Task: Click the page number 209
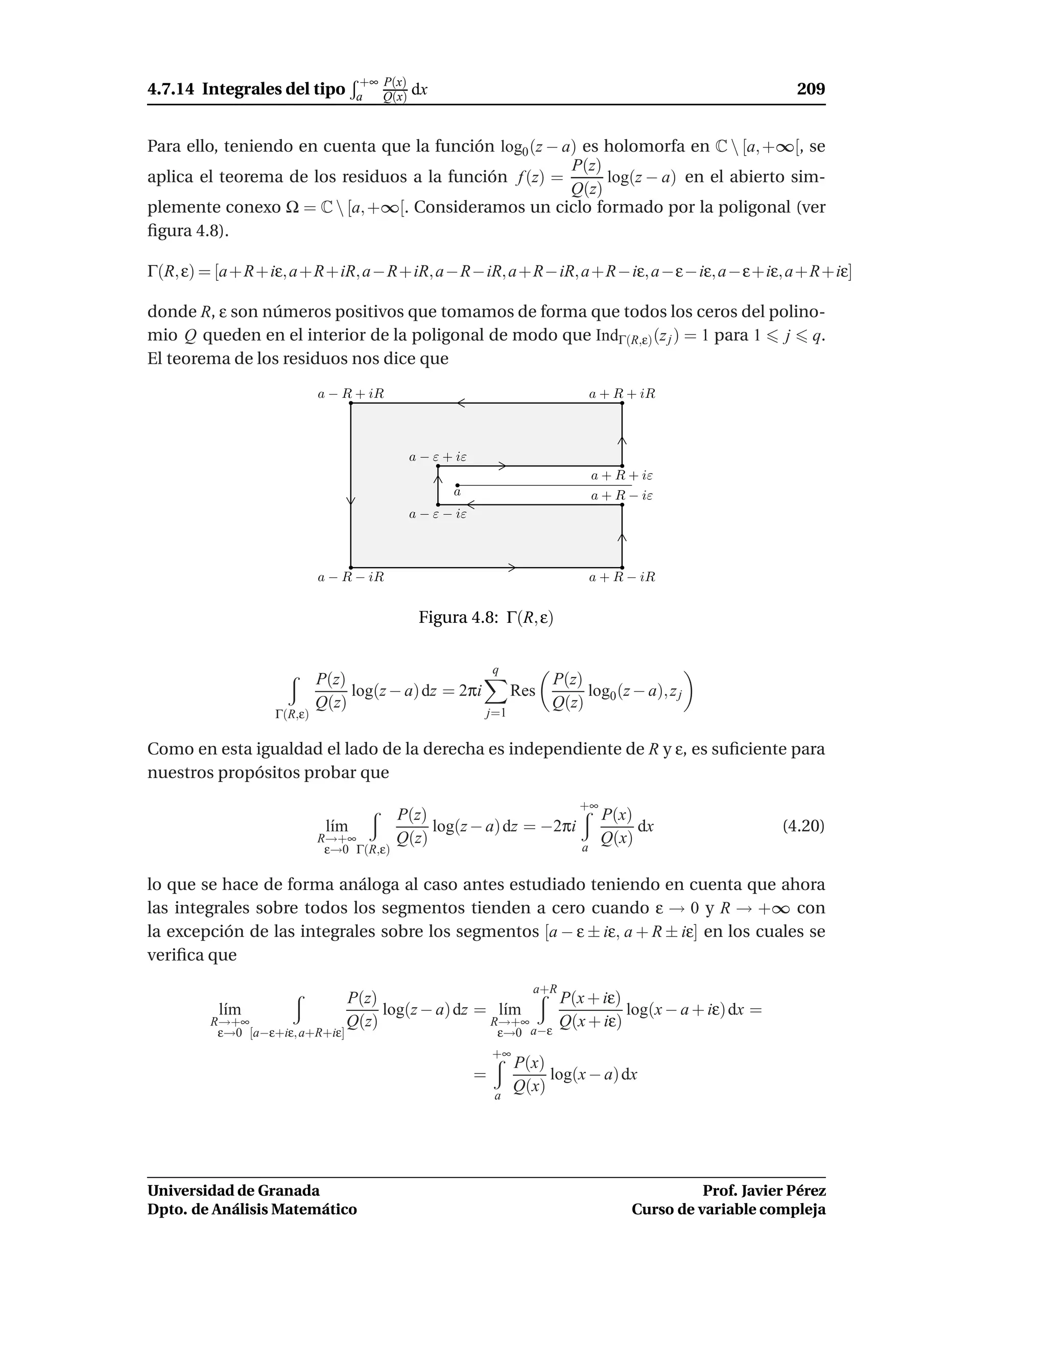coord(811,89)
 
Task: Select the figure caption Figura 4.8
coord(485,618)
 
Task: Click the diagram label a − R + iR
coord(351,394)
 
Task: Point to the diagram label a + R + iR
coord(622,394)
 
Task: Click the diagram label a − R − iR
coord(351,577)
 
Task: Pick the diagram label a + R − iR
coord(622,577)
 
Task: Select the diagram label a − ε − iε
coord(438,514)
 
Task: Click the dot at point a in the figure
coord(457,486)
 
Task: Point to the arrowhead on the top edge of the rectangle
coord(461,403)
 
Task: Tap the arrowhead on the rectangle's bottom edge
coord(512,567)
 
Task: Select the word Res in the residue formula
coord(522,691)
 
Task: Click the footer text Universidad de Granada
coord(233,1191)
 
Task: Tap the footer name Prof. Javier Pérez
coord(764,1191)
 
